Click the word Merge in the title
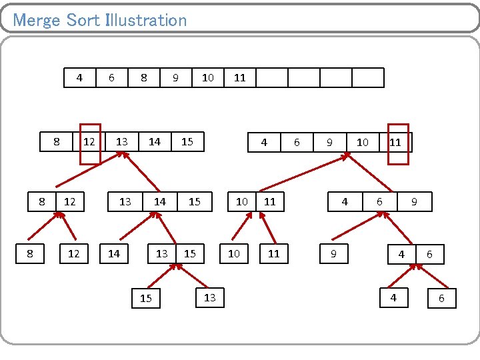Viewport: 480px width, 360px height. (37, 20)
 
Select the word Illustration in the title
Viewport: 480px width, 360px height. (147, 20)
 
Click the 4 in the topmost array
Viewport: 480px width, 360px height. (80, 77)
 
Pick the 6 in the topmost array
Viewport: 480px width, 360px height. (112, 77)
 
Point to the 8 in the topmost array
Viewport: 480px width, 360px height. (144, 77)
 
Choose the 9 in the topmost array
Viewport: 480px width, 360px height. (175, 77)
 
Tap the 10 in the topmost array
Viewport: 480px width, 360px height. (208, 77)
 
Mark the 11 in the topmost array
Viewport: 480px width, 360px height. (240, 77)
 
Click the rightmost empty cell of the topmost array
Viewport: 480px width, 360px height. (368, 77)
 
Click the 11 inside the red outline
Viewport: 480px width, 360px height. (396, 142)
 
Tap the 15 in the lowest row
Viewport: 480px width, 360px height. (146, 299)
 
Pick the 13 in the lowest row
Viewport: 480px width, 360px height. (210, 297)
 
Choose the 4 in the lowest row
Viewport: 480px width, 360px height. (393, 298)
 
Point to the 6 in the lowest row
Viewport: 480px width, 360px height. (441, 299)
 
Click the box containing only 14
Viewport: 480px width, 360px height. (114, 253)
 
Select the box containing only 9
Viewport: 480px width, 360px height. (333, 253)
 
